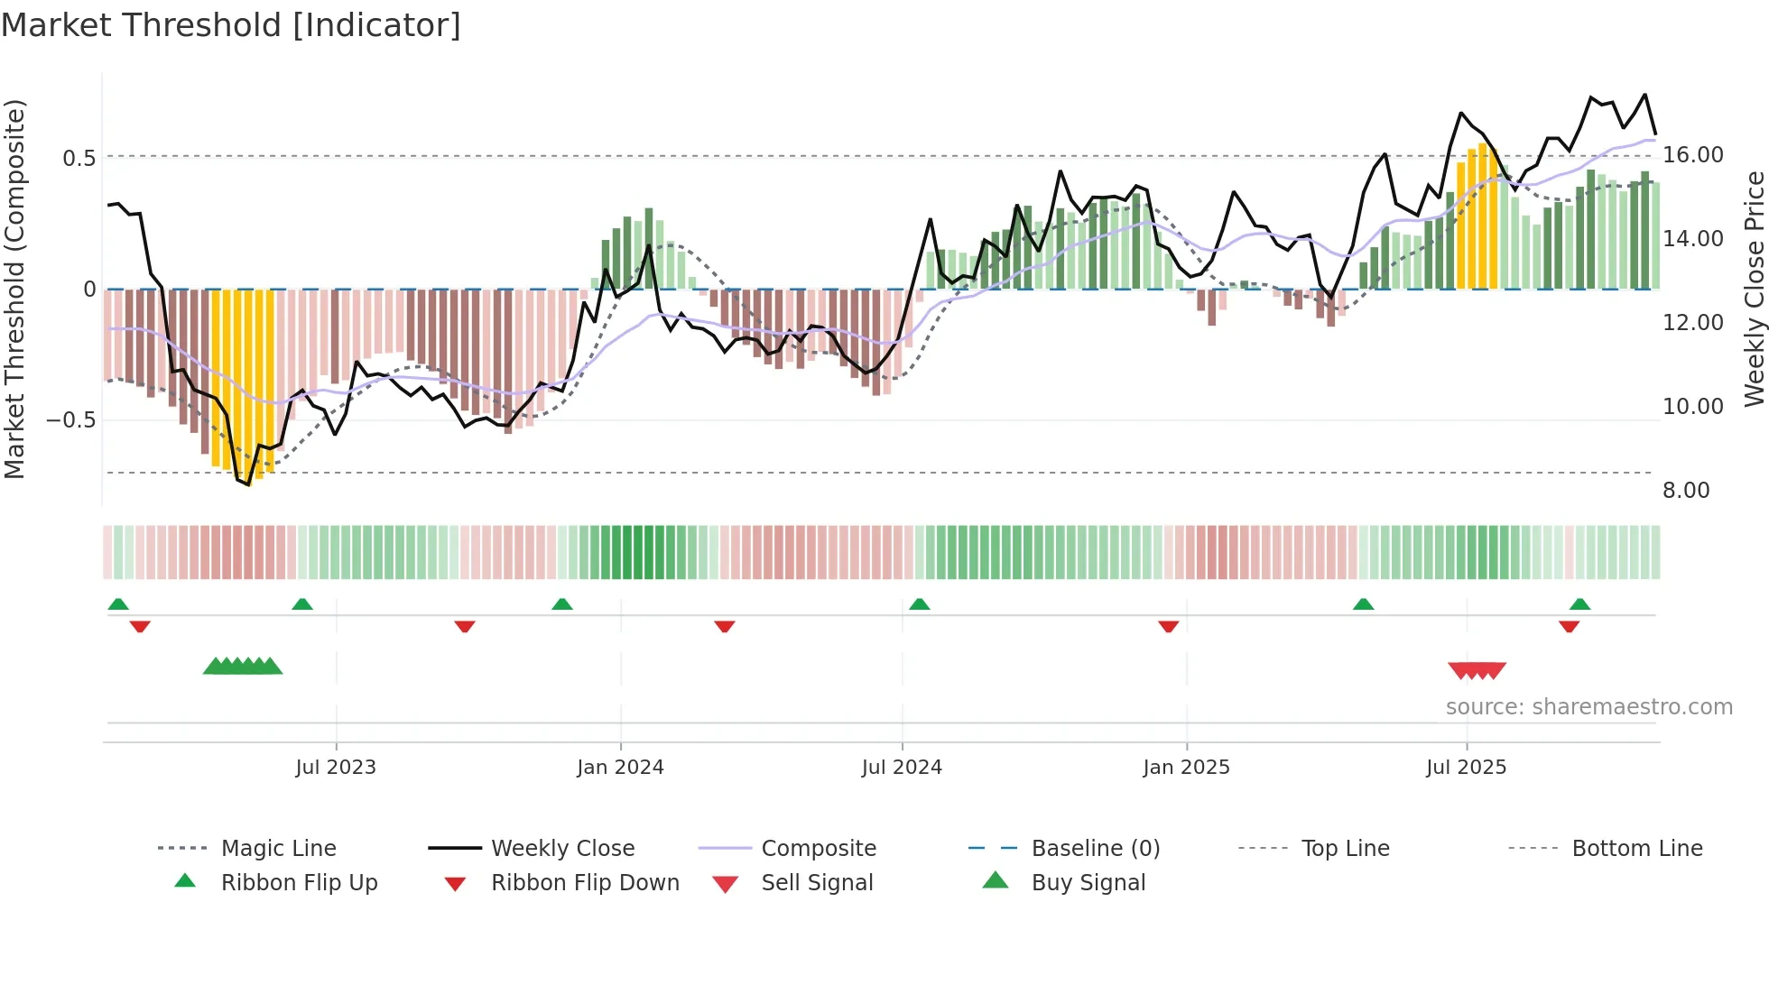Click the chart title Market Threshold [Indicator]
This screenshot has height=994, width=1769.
tap(231, 25)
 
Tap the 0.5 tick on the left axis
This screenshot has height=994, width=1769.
tap(79, 159)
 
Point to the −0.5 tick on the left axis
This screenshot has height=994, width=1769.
tap(71, 420)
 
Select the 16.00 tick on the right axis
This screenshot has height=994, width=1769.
tap(1693, 155)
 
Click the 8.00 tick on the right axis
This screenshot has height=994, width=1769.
tap(1686, 491)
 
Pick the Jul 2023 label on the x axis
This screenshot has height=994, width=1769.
tap(335, 768)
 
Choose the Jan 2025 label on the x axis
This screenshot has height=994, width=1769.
tap(1185, 768)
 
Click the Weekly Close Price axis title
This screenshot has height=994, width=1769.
tap(1754, 289)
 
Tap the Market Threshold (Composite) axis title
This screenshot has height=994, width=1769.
tap(14, 289)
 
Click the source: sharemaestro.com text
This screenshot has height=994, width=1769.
tap(1588, 707)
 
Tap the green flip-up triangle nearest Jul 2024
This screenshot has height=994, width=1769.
tap(919, 604)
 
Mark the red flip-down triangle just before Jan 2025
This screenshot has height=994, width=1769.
tap(1168, 626)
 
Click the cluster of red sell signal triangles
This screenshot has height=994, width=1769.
tap(1477, 670)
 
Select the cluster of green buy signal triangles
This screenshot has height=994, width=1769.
tap(242, 667)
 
